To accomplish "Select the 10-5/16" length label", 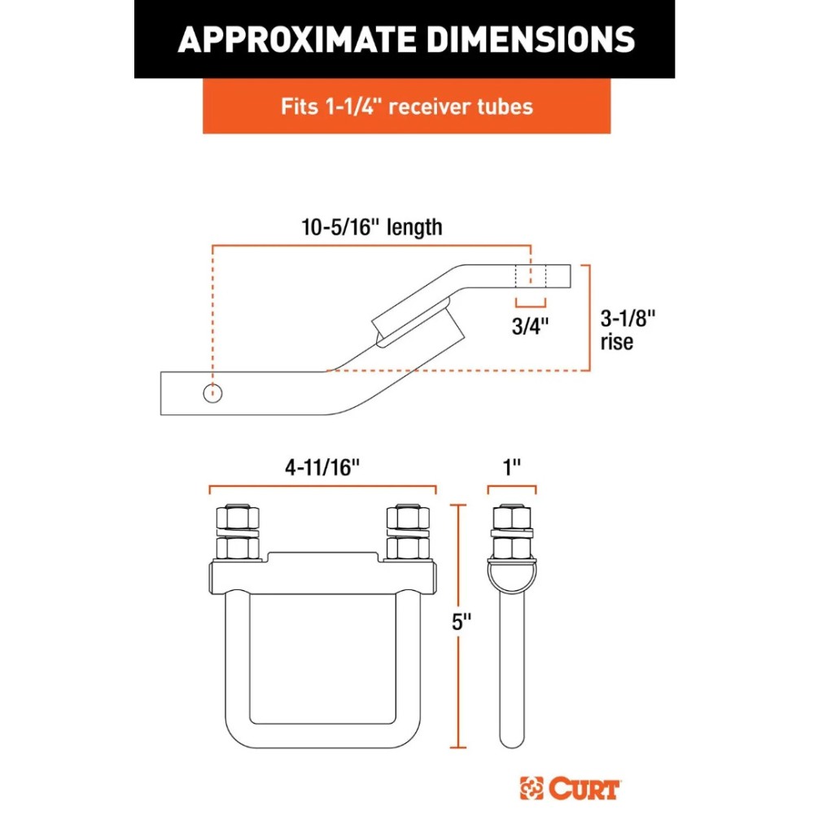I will pos(371,226).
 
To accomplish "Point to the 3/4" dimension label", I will pos(532,326).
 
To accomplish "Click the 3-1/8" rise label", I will pos(627,318).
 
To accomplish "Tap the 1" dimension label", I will pos(512,467).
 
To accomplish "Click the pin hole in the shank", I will pos(213,393).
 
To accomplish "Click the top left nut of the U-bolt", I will pos(237,519).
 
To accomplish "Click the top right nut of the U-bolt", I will pos(407,519).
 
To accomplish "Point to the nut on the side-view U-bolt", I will pos(511,519).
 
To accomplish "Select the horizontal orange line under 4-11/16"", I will pos(322,489).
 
